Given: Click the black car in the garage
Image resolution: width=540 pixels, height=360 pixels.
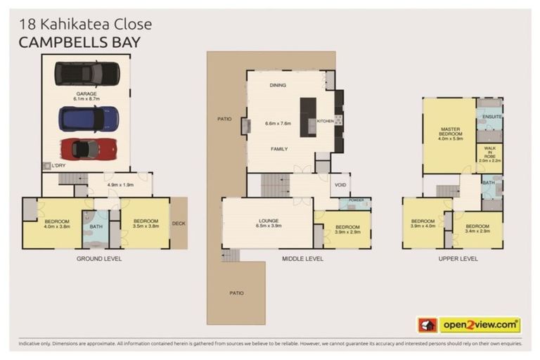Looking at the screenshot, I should click(87, 73).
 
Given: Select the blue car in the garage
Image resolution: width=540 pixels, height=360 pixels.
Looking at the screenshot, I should click(87, 117).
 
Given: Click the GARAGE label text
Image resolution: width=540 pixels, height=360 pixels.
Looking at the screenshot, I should click(87, 94).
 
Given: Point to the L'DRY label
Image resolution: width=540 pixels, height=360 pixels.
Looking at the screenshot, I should click(57, 166).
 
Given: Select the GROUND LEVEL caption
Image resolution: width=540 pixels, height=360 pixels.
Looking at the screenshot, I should click(98, 259).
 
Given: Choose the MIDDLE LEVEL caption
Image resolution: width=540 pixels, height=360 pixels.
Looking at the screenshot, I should click(302, 259).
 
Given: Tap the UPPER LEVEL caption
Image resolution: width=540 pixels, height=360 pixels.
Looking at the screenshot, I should click(457, 259).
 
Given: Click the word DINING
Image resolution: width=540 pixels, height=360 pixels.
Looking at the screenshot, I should click(278, 86).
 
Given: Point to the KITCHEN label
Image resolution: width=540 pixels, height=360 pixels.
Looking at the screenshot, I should click(325, 121).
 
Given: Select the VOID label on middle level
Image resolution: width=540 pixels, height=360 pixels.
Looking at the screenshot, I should click(340, 186).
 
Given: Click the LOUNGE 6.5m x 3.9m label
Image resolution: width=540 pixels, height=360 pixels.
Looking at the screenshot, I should click(267, 224).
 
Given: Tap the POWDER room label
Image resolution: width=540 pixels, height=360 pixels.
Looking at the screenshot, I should click(356, 200).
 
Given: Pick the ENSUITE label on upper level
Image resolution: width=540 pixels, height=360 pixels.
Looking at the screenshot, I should click(492, 116).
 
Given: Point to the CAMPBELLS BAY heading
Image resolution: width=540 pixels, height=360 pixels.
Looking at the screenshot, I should click(79, 42).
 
